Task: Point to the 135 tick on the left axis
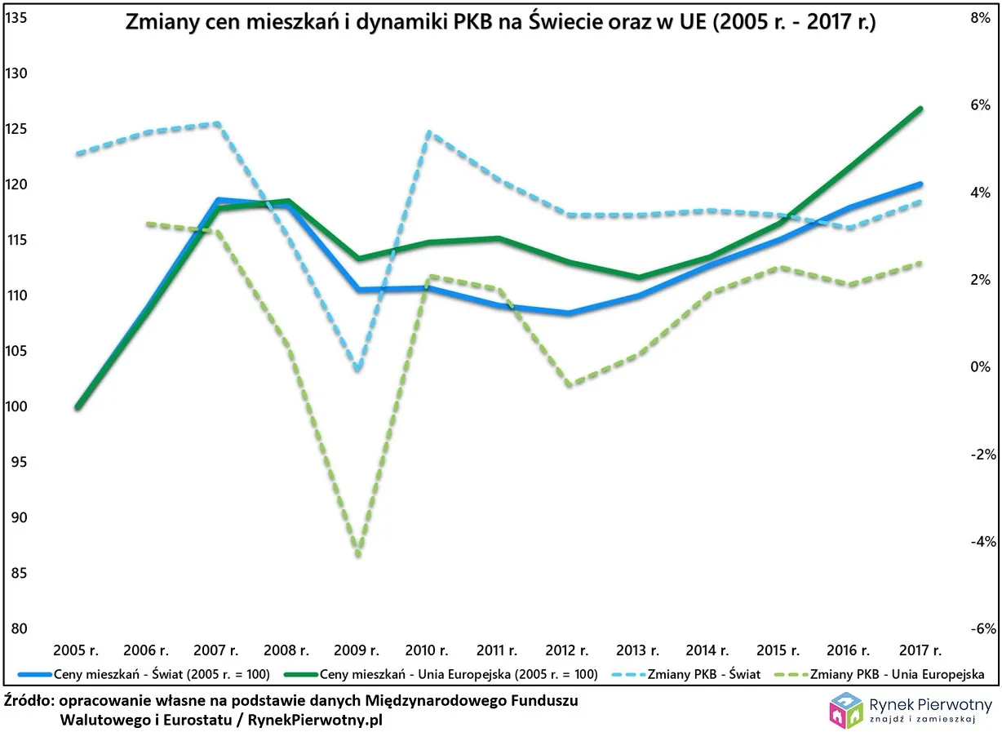click(x=16, y=17)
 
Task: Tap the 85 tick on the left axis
click(x=18, y=573)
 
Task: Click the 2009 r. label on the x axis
click(x=357, y=650)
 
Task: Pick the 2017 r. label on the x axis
click(x=920, y=650)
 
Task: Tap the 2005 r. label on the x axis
click(x=77, y=650)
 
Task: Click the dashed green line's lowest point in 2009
click(x=358, y=556)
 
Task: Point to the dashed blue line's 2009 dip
click(x=357, y=369)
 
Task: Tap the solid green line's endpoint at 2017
click(x=920, y=109)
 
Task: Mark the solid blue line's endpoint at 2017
click(x=920, y=184)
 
